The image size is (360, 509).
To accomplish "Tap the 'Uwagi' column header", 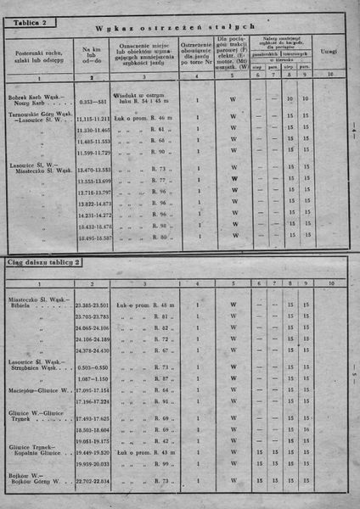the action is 329,52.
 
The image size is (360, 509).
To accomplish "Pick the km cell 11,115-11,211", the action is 93,120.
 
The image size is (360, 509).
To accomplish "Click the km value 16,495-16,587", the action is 93,238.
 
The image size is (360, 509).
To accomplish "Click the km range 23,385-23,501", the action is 93,305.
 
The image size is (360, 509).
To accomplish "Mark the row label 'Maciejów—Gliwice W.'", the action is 37,390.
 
